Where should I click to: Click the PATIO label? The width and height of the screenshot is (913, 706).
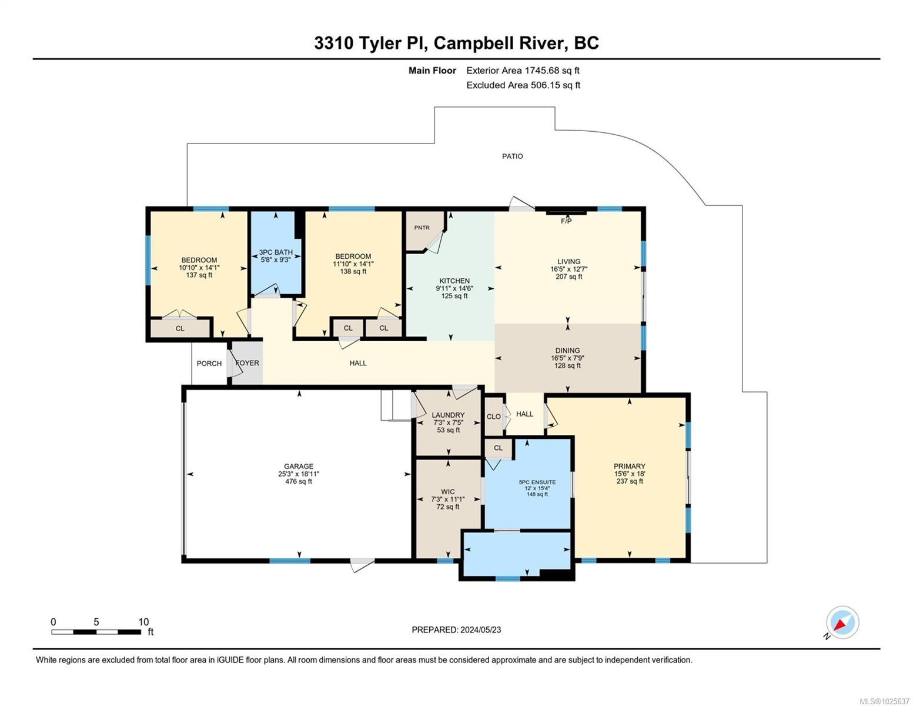[512, 156]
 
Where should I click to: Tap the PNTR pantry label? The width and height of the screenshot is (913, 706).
[422, 228]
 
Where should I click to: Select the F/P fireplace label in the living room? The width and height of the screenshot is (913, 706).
[566, 221]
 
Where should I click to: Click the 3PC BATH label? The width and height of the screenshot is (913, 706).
[276, 252]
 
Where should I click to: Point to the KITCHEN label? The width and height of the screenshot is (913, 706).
[454, 281]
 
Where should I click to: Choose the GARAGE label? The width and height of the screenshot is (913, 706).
[298, 467]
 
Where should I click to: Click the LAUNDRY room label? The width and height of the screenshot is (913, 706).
[448, 415]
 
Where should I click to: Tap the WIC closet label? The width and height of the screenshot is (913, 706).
[448, 491]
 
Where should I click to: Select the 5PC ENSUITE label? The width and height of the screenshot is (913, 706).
[537, 482]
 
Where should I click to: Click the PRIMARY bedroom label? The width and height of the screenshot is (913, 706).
[629, 467]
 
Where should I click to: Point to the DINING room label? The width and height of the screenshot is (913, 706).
[567, 350]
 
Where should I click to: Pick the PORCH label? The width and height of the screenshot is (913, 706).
[209, 364]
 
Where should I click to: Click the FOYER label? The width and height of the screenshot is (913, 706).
[247, 363]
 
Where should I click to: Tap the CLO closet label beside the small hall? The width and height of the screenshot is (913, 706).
[493, 417]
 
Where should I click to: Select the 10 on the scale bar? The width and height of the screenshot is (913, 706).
[143, 622]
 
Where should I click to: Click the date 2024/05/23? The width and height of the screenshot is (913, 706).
[480, 630]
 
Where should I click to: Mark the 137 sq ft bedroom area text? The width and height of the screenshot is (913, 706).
[199, 275]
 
